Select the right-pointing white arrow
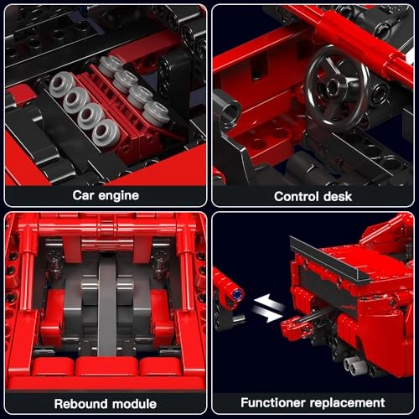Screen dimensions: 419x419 [268, 316]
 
